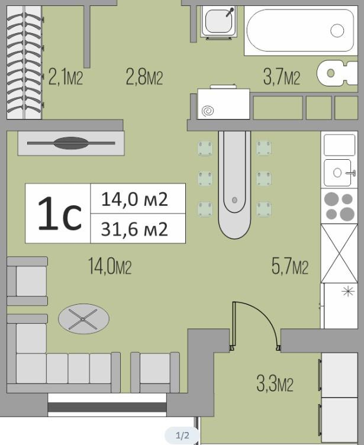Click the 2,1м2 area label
point(66,76)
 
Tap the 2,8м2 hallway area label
point(144,76)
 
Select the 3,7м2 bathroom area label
point(281,76)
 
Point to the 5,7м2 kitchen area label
point(289,266)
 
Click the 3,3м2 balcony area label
point(275,383)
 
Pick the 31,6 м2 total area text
point(134,229)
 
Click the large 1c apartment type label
point(60,214)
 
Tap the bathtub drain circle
point(337,30)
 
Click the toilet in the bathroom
point(337,73)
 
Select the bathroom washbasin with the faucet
point(218,21)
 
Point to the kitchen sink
point(339,172)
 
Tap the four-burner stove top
point(339,207)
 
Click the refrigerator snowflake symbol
point(348,291)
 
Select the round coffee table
point(83,319)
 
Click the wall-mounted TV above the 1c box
point(71,143)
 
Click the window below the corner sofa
point(107,407)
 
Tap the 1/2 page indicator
point(182,436)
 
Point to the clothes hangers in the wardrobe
point(24,63)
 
